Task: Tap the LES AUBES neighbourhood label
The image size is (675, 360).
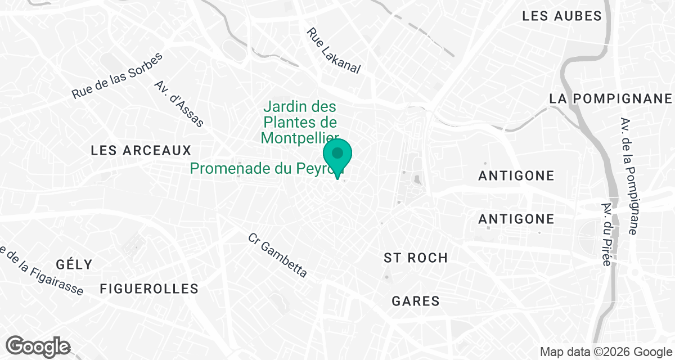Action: point(562,16)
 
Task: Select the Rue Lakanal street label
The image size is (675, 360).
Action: point(332,51)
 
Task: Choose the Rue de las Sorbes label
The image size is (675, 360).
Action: point(117,76)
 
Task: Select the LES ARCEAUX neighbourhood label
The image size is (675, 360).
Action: point(141,151)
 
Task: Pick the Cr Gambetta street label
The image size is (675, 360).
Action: point(278,255)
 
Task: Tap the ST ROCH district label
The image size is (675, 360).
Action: point(416,258)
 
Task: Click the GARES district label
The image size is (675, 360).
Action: point(416,301)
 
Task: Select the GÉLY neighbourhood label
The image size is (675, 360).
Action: point(74,264)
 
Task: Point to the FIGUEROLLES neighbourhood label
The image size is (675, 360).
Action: point(149,289)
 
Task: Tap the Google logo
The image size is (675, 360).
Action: point(38,345)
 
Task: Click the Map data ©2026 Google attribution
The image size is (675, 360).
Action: point(605,352)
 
